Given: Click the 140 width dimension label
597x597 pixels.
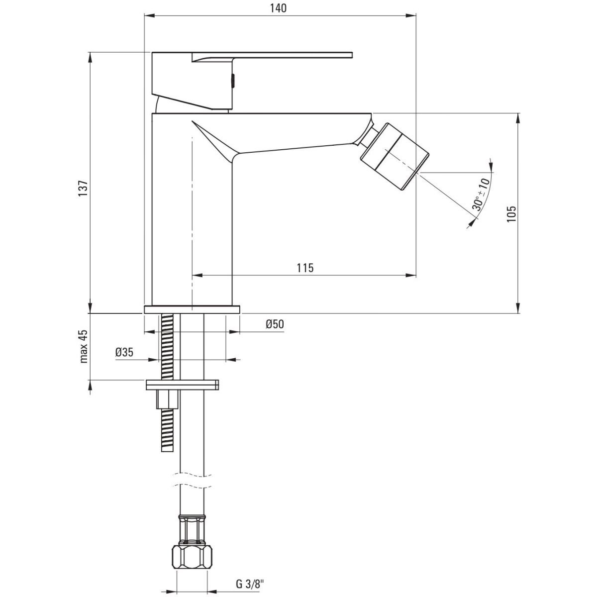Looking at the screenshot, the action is [x=278, y=8].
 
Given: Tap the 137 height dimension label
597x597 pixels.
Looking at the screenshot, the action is [x=84, y=188].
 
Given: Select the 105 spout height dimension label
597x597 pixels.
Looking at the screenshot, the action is [x=511, y=214].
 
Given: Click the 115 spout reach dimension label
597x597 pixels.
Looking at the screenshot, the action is [x=305, y=268].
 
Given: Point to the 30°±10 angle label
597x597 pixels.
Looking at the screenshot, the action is [x=481, y=194].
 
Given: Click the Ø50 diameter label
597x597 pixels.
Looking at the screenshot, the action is [x=275, y=324].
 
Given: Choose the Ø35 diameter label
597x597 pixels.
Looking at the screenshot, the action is [x=124, y=352].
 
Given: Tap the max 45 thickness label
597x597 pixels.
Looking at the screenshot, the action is [x=84, y=347].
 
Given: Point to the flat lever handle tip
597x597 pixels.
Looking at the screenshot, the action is [x=352, y=55].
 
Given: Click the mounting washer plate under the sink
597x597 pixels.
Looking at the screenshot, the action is [x=183, y=385].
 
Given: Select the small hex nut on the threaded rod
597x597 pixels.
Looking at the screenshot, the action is [x=168, y=399].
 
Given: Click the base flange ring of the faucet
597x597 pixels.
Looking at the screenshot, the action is [x=192, y=309].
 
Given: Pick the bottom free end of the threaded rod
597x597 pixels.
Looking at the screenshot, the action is [x=168, y=451].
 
